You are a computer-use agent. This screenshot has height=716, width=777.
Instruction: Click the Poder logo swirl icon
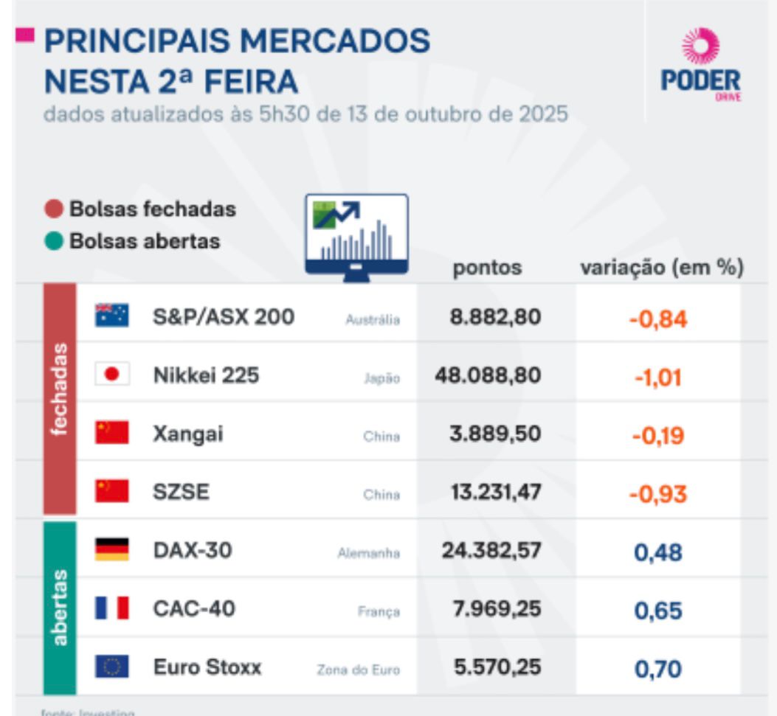click(x=700, y=46)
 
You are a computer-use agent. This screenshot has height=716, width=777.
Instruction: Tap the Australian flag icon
click(x=111, y=316)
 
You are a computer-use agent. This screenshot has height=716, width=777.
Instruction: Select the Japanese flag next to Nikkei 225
click(x=111, y=375)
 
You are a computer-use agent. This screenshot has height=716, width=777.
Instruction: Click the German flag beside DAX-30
click(x=111, y=549)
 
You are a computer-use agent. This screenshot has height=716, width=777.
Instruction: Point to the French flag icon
click(x=111, y=608)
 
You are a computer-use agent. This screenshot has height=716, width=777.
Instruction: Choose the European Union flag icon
click(x=111, y=667)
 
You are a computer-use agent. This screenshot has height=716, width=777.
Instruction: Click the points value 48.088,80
click(x=488, y=375)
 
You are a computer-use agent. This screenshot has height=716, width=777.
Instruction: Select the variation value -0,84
click(x=657, y=319)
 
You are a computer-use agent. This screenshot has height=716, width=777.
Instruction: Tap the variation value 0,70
click(x=657, y=670)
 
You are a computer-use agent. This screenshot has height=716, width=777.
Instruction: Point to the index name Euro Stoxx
click(x=207, y=667)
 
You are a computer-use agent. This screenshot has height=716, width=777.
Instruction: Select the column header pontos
click(x=487, y=268)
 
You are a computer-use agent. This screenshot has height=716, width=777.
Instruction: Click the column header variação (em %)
click(x=661, y=268)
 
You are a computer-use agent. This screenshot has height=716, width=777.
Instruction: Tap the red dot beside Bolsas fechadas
click(x=54, y=209)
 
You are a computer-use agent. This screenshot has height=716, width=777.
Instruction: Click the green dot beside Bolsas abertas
click(x=54, y=241)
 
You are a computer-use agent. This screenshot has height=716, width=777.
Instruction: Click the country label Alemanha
click(x=368, y=553)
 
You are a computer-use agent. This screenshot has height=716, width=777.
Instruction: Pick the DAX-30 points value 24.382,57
click(x=491, y=550)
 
